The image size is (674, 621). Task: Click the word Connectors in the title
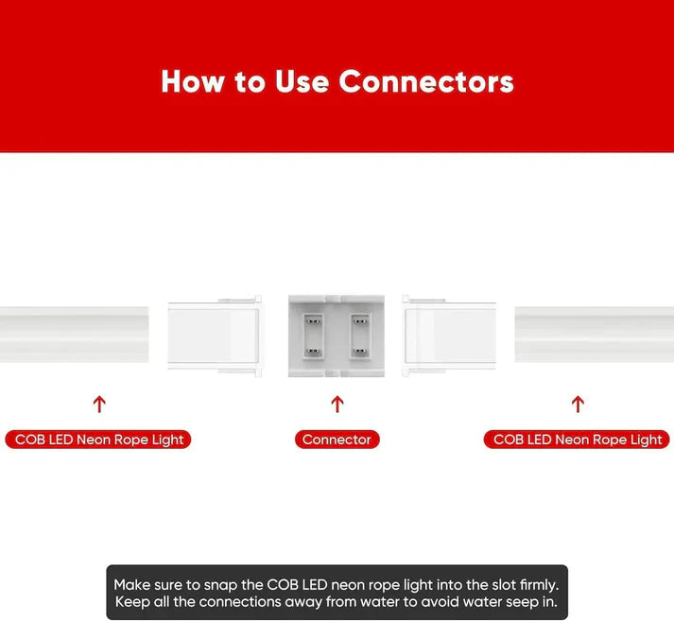coord(426,81)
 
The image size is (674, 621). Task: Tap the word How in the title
coord(193,81)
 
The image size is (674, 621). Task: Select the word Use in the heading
coord(302,81)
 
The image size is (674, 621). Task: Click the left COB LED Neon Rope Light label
coord(98,440)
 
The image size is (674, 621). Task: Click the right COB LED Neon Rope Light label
coord(577,440)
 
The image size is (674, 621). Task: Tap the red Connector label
coord(337,440)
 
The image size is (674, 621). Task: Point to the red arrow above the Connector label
coord(337,404)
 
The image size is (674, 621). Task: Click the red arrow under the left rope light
coord(99,404)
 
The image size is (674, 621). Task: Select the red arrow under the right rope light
coord(578,404)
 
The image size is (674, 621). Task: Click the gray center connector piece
coord(337,336)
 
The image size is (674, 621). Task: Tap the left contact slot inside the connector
coord(313,336)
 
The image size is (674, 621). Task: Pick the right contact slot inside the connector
coord(360,336)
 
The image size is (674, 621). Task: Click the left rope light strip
coord(75,335)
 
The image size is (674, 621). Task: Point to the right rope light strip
coord(595,335)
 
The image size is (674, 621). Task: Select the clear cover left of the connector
coord(215,336)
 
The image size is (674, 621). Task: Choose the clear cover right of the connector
coord(449,336)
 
